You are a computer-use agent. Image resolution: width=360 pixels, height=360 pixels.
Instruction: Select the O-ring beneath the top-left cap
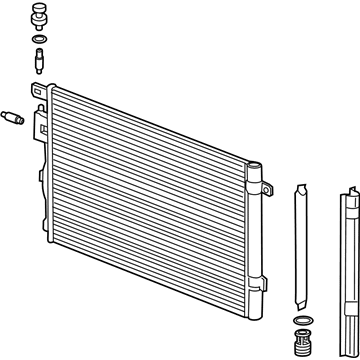[x=38, y=41]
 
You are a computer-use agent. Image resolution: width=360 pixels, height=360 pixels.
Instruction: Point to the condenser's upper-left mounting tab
[x=42, y=92]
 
